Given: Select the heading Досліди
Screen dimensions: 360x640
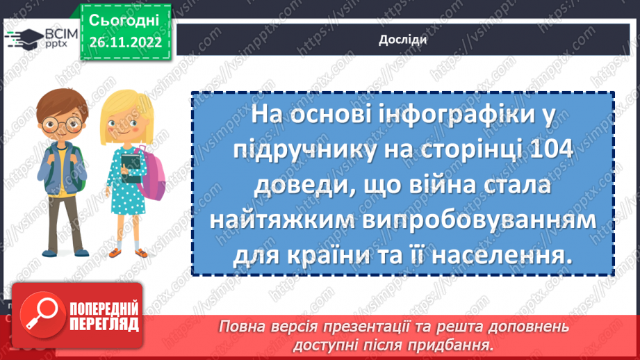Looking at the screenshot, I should pos(402,39).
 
